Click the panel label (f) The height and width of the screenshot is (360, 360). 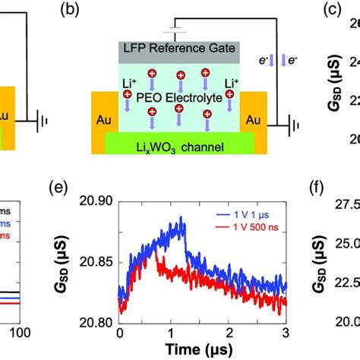tap(320, 204)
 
